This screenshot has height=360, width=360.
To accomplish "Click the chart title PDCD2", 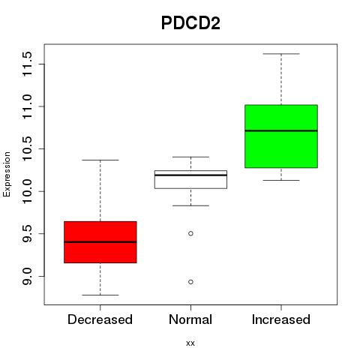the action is point(190,23).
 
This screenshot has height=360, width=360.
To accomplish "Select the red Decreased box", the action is point(100,242).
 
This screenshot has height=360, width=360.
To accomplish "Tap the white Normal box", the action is point(190,179).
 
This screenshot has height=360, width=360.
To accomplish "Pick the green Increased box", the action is point(281,136).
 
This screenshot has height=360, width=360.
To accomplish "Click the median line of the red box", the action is point(100,242).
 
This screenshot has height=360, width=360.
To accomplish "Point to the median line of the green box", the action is point(281,130).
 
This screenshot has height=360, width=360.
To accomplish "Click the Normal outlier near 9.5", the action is point(190,233).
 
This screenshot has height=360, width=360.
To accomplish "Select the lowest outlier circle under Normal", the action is point(190,282).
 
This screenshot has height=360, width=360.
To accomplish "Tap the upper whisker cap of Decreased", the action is point(100,160).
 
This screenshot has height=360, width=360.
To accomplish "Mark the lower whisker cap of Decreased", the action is point(100,295).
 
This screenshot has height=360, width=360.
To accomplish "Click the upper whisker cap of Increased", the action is point(281,54).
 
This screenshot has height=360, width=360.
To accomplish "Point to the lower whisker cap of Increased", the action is point(281,180).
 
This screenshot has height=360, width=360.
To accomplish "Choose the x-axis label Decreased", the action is point(100,319).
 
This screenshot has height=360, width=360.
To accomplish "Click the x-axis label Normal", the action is point(190,319).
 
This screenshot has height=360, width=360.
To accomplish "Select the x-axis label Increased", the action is point(281,319).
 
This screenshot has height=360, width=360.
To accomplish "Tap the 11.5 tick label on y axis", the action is point(27,64).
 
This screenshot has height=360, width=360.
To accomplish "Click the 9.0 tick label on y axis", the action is point(27,276).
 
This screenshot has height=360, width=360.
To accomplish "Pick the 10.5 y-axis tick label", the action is point(27,148).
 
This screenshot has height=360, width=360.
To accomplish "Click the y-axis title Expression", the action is point(7,175).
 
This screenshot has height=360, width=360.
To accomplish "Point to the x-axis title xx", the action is point(190,343).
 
